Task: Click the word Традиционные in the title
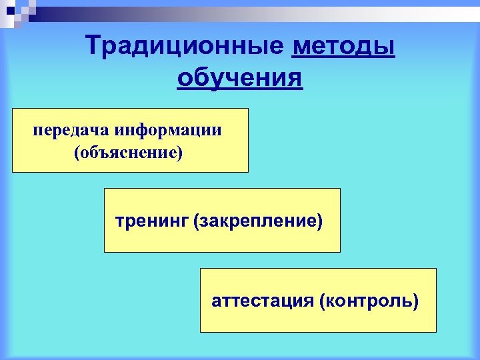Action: point(183,47)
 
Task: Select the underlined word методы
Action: point(343,47)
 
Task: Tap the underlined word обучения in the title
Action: point(239,79)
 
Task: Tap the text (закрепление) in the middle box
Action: point(257,220)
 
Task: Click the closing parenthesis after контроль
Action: point(416,301)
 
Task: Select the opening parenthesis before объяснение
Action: point(78,153)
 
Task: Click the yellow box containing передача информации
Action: point(130,140)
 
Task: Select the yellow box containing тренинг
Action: point(222,220)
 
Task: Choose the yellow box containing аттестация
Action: point(318,300)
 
